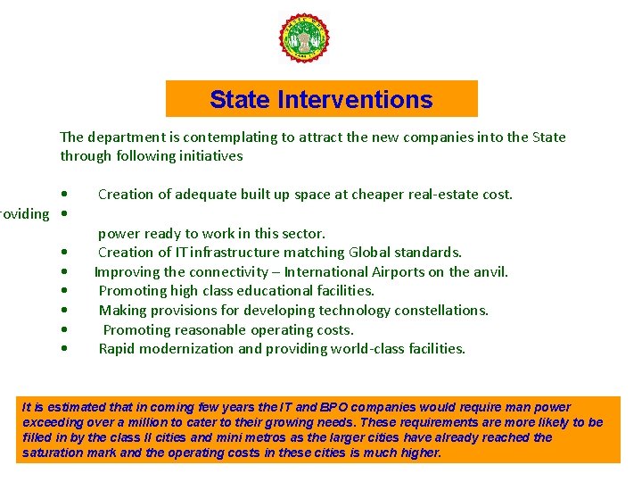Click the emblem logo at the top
tap(304, 39)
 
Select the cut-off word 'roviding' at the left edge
tap(24, 214)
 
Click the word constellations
tap(440, 311)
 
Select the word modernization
tap(184, 349)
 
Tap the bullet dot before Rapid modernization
tap(65, 349)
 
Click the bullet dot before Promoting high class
tap(65, 291)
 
